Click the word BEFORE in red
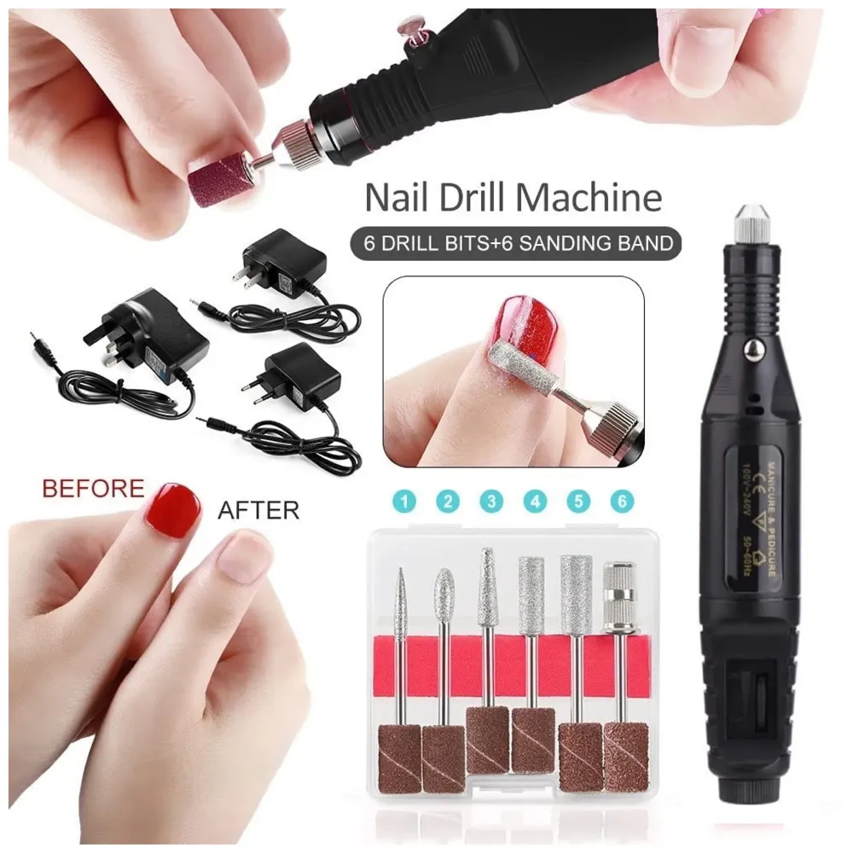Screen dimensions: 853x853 pos(93,490)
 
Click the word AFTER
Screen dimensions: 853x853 pos(258,511)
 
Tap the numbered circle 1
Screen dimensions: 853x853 pos(403,502)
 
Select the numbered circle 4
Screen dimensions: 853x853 pos(534,502)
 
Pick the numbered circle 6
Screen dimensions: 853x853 pos(623,502)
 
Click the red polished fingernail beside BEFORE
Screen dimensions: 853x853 pos(172,510)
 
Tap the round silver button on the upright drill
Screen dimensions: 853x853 pos(753,348)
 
